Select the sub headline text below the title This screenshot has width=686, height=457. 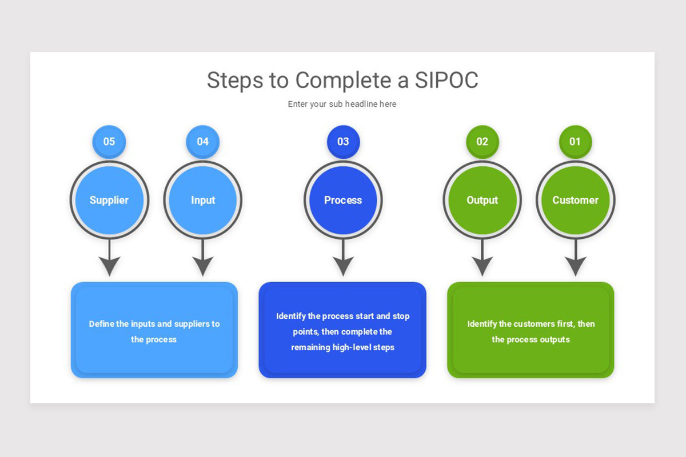[342, 104]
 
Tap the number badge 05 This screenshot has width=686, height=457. [109, 141]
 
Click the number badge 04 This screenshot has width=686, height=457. [202, 141]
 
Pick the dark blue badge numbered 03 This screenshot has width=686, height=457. [343, 141]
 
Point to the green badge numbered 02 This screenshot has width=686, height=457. [482, 141]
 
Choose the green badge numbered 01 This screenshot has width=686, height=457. [575, 141]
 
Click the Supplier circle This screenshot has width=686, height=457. [109, 200]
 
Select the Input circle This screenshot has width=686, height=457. [203, 200]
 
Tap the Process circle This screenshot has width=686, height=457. [343, 200]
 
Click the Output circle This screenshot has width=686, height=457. [482, 200]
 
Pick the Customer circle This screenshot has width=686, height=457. [575, 200]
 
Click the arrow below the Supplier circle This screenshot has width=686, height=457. [109, 260]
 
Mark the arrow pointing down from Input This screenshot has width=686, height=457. [203, 260]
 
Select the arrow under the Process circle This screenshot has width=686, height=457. [343, 260]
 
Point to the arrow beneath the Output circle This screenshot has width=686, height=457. [482, 260]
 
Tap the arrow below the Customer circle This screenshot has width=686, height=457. [575, 260]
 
